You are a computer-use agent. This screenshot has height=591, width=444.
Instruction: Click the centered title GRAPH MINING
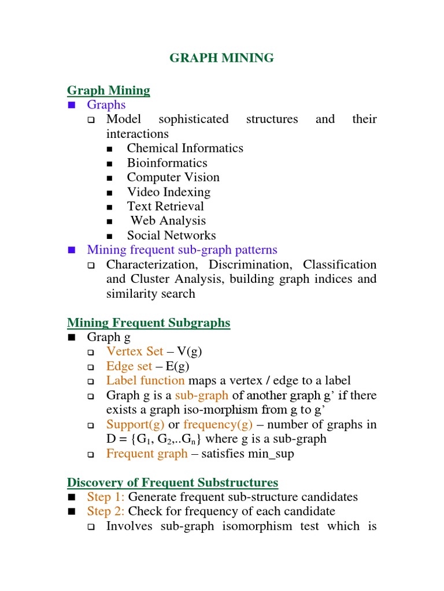[221, 58]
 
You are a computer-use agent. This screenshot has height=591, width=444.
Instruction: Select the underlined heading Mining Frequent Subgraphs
[149, 323]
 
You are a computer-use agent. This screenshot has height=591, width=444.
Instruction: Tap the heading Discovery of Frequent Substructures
[172, 482]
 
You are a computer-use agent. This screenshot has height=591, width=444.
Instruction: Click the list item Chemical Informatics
[185, 148]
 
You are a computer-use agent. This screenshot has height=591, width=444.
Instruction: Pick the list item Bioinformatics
[167, 163]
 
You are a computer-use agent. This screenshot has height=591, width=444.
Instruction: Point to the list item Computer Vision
[173, 177]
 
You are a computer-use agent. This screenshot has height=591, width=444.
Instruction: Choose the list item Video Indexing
[169, 192]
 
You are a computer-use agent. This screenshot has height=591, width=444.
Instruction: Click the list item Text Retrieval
[165, 206]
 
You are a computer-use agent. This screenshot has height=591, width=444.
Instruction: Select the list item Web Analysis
[168, 220]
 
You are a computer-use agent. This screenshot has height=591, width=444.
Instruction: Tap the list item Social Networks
[171, 235]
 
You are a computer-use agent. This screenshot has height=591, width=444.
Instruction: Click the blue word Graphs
[106, 104]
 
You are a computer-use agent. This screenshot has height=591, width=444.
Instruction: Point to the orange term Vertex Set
[135, 351]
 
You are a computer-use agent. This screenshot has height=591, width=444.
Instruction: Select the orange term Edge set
[129, 366]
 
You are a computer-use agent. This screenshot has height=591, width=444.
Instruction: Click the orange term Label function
[146, 380]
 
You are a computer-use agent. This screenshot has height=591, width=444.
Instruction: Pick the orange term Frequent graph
[147, 453]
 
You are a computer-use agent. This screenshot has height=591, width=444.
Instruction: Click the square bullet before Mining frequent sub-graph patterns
[72, 250]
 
